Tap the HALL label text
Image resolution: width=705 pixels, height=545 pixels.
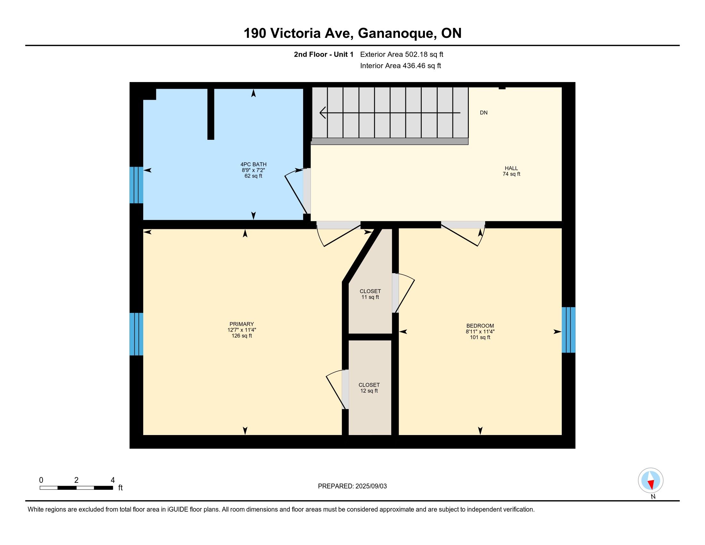tap(511, 168)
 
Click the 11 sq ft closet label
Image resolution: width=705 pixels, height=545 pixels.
tap(370, 294)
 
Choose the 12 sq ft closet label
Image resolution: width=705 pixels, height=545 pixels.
tap(369, 388)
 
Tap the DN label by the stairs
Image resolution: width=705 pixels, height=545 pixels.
tap(484, 113)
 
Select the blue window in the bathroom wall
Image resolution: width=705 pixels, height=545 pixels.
tap(136, 185)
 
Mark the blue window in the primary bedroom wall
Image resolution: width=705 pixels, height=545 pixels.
tap(136, 334)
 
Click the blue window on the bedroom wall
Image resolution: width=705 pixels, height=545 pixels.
tap(568, 330)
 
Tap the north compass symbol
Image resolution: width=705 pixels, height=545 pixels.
tap(651, 481)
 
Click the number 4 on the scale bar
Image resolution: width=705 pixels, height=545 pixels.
tap(113, 480)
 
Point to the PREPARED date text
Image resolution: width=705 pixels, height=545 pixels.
tap(352, 486)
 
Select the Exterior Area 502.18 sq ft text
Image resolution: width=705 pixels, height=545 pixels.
tap(402, 54)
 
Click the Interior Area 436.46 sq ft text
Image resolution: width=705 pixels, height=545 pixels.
tap(400, 66)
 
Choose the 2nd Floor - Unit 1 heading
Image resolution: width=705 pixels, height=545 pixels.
tap(323, 54)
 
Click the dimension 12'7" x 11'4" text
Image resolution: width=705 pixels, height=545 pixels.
tap(241, 330)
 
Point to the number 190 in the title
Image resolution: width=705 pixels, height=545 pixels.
tap(255, 33)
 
